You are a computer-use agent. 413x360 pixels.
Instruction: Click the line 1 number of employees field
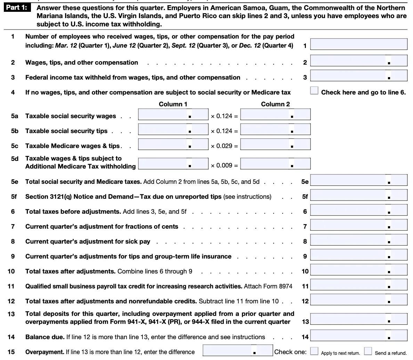[x=358, y=44]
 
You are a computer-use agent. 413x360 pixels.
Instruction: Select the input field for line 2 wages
[x=358, y=61]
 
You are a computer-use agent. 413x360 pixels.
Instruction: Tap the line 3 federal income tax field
[x=358, y=76]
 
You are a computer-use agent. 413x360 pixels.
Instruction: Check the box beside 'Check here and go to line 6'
[x=314, y=91]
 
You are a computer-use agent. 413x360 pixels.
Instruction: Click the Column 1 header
[x=173, y=104]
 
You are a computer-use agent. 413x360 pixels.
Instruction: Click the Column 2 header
[x=275, y=104]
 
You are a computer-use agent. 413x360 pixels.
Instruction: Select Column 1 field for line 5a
[x=173, y=114]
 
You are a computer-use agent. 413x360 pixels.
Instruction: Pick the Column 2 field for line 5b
[x=275, y=129]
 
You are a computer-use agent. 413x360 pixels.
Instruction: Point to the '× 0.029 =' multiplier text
[x=224, y=146]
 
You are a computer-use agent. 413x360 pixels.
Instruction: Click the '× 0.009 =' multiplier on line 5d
[x=224, y=165]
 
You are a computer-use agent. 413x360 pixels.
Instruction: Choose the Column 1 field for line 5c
[x=173, y=144]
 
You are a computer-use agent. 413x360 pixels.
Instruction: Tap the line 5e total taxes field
[x=358, y=180]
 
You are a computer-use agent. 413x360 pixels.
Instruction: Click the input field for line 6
[x=358, y=210]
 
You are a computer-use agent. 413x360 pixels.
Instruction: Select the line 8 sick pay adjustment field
[x=358, y=240]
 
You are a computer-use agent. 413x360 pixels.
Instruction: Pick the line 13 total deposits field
[x=358, y=319]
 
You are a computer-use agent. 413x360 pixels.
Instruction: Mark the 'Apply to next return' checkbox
[x=314, y=351]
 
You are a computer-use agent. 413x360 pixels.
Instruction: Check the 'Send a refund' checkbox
[x=368, y=351]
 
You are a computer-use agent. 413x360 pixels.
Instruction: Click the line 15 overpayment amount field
[x=237, y=350]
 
